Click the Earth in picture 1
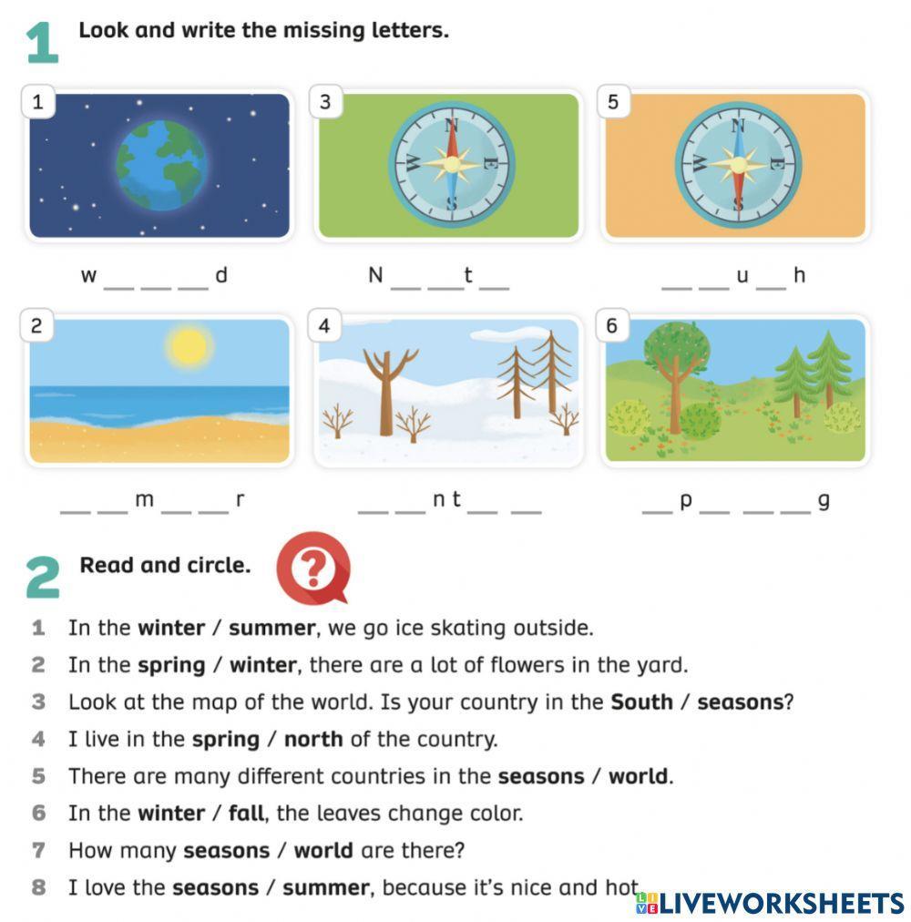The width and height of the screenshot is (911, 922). [161, 165]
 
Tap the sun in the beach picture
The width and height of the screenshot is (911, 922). [189, 346]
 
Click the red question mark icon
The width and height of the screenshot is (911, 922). [313, 568]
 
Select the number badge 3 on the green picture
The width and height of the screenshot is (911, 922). [325, 102]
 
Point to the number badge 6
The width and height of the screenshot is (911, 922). [612, 325]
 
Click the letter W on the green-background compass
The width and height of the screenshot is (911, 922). [413, 163]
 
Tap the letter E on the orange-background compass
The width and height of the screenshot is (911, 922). [776, 163]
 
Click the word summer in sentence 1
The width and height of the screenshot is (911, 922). [271, 628]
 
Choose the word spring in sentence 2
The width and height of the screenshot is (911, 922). [171, 666]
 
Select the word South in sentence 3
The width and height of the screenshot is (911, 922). [641, 702]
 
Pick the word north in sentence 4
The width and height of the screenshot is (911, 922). [313, 739]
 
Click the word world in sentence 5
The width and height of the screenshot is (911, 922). [638, 776]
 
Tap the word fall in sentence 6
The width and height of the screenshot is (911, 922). [246, 814]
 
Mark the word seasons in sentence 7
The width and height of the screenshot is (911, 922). [227, 851]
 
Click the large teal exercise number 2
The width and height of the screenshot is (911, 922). [43, 578]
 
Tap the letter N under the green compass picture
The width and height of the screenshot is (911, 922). [375, 274]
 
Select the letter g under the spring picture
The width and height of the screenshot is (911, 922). [824, 501]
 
